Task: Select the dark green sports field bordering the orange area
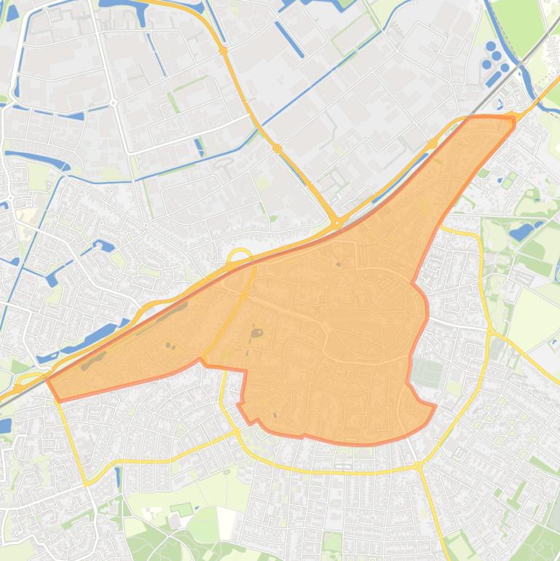[428, 373]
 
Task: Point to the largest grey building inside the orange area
[256, 334]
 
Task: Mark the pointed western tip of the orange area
[49, 380]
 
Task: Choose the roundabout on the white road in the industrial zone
[114, 103]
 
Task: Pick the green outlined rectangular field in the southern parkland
[181, 509]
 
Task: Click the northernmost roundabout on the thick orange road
[224, 50]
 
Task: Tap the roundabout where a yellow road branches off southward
[417, 466]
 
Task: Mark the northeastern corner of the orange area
[513, 118]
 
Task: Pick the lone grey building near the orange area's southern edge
[275, 415]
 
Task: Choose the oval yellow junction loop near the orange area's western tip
[26, 381]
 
